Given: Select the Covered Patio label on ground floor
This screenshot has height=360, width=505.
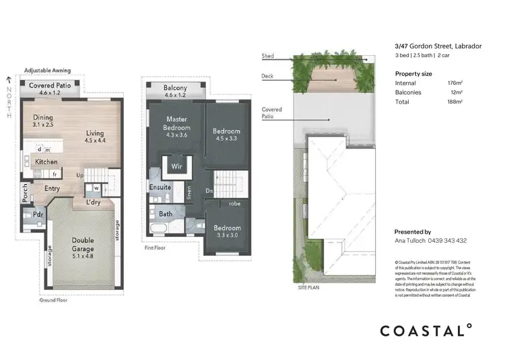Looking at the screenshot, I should click(50, 85).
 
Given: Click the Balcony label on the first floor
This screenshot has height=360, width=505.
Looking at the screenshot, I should click(175, 88).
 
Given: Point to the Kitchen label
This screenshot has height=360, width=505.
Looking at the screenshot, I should click(46, 162).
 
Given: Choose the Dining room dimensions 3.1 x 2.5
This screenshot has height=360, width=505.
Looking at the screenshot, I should click(43, 125).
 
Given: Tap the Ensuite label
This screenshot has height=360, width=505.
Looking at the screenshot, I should click(160, 187).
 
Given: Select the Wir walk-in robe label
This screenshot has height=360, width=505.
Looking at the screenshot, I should click(177, 165).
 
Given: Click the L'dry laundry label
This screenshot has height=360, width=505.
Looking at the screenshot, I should click(94, 202).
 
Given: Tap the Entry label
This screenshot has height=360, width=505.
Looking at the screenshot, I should click(52, 188).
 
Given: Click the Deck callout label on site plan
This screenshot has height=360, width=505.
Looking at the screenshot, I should click(267, 76).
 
